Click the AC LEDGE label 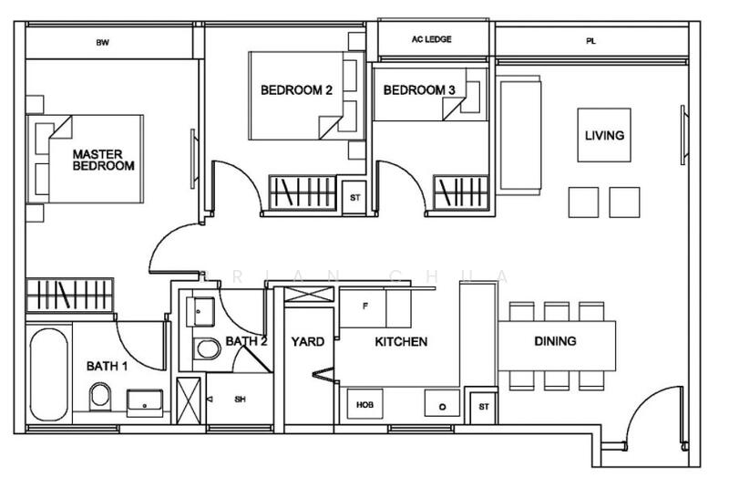click(x=431, y=39)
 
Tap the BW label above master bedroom click(x=103, y=43)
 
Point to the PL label click(x=590, y=41)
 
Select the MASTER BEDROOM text click(x=104, y=160)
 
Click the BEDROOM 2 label click(x=297, y=90)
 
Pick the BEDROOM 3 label click(x=419, y=90)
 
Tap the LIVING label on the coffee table click(x=604, y=135)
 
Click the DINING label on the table click(x=555, y=341)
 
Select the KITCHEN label click(x=401, y=342)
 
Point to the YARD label click(x=308, y=342)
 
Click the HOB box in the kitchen click(x=365, y=404)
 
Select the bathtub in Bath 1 click(x=49, y=375)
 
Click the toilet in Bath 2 click(x=207, y=348)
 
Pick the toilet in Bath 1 click(x=100, y=397)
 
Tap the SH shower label click(x=240, y=400)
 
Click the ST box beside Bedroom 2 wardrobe click(x=354, y=197)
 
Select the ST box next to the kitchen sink click(x=484, y=407)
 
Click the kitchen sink click(x=442, y=403)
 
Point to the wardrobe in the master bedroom click(x=70, y=295)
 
